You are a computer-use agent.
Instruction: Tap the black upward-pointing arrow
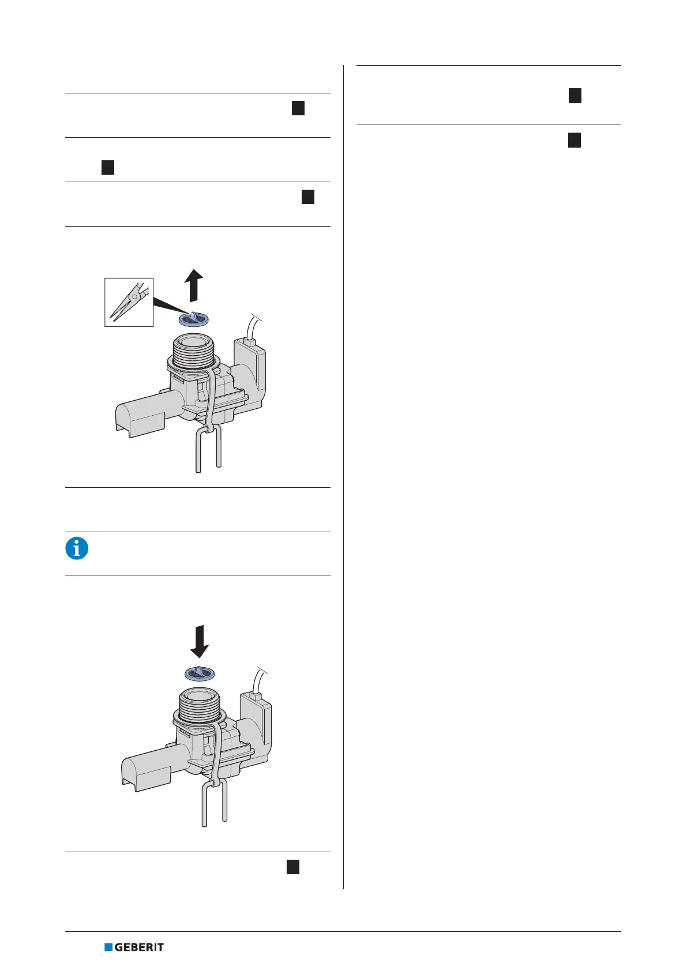click(194, 285)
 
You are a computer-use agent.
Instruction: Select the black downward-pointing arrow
click(200, 641)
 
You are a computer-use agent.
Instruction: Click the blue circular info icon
click(77, 548)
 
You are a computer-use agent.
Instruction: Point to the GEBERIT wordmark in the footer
click(139, 947)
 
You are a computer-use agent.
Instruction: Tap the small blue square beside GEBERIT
click(108, 947)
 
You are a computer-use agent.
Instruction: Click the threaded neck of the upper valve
click(194, 349)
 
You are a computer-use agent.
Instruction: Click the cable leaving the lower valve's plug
click(259, 680)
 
